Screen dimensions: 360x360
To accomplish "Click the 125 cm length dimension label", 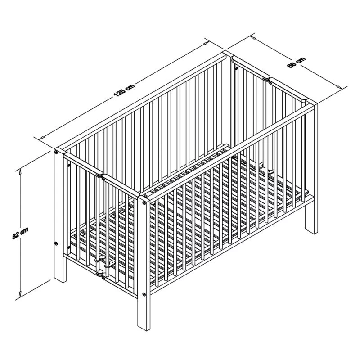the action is pyautogui.click(x=124, y=90).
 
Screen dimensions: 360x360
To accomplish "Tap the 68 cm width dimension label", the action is pyautogui.click(x=297, y=62).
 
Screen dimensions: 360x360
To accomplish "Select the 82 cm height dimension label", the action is pyautogui.click(x=20, y=233).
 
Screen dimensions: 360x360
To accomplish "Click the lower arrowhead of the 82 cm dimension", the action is pyautogui.click(x=20, y=294).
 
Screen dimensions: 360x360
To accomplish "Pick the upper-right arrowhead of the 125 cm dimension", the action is pyautogui.click(x=206, y=42).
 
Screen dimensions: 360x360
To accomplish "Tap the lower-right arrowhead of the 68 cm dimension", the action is pyautogui.click(x=338, y=86).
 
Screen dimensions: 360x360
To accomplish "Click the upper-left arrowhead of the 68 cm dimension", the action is pyautogui.click(x=254, y=37).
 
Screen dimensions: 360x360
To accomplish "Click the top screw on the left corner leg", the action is pyautogui.click(x=56, y=152).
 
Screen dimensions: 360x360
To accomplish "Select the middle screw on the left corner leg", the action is pyautogui.click(x=56, y=243).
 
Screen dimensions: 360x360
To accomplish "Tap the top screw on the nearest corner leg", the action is pyautogui.click(x=144, y=202).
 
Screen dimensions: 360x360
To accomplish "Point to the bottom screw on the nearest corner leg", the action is pyautogui.click(x=144, y=294).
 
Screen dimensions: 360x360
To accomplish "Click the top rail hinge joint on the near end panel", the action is pyautogui.click(x=100, y=175).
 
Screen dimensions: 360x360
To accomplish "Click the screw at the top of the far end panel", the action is pyautogui.click(x=236, y=68).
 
